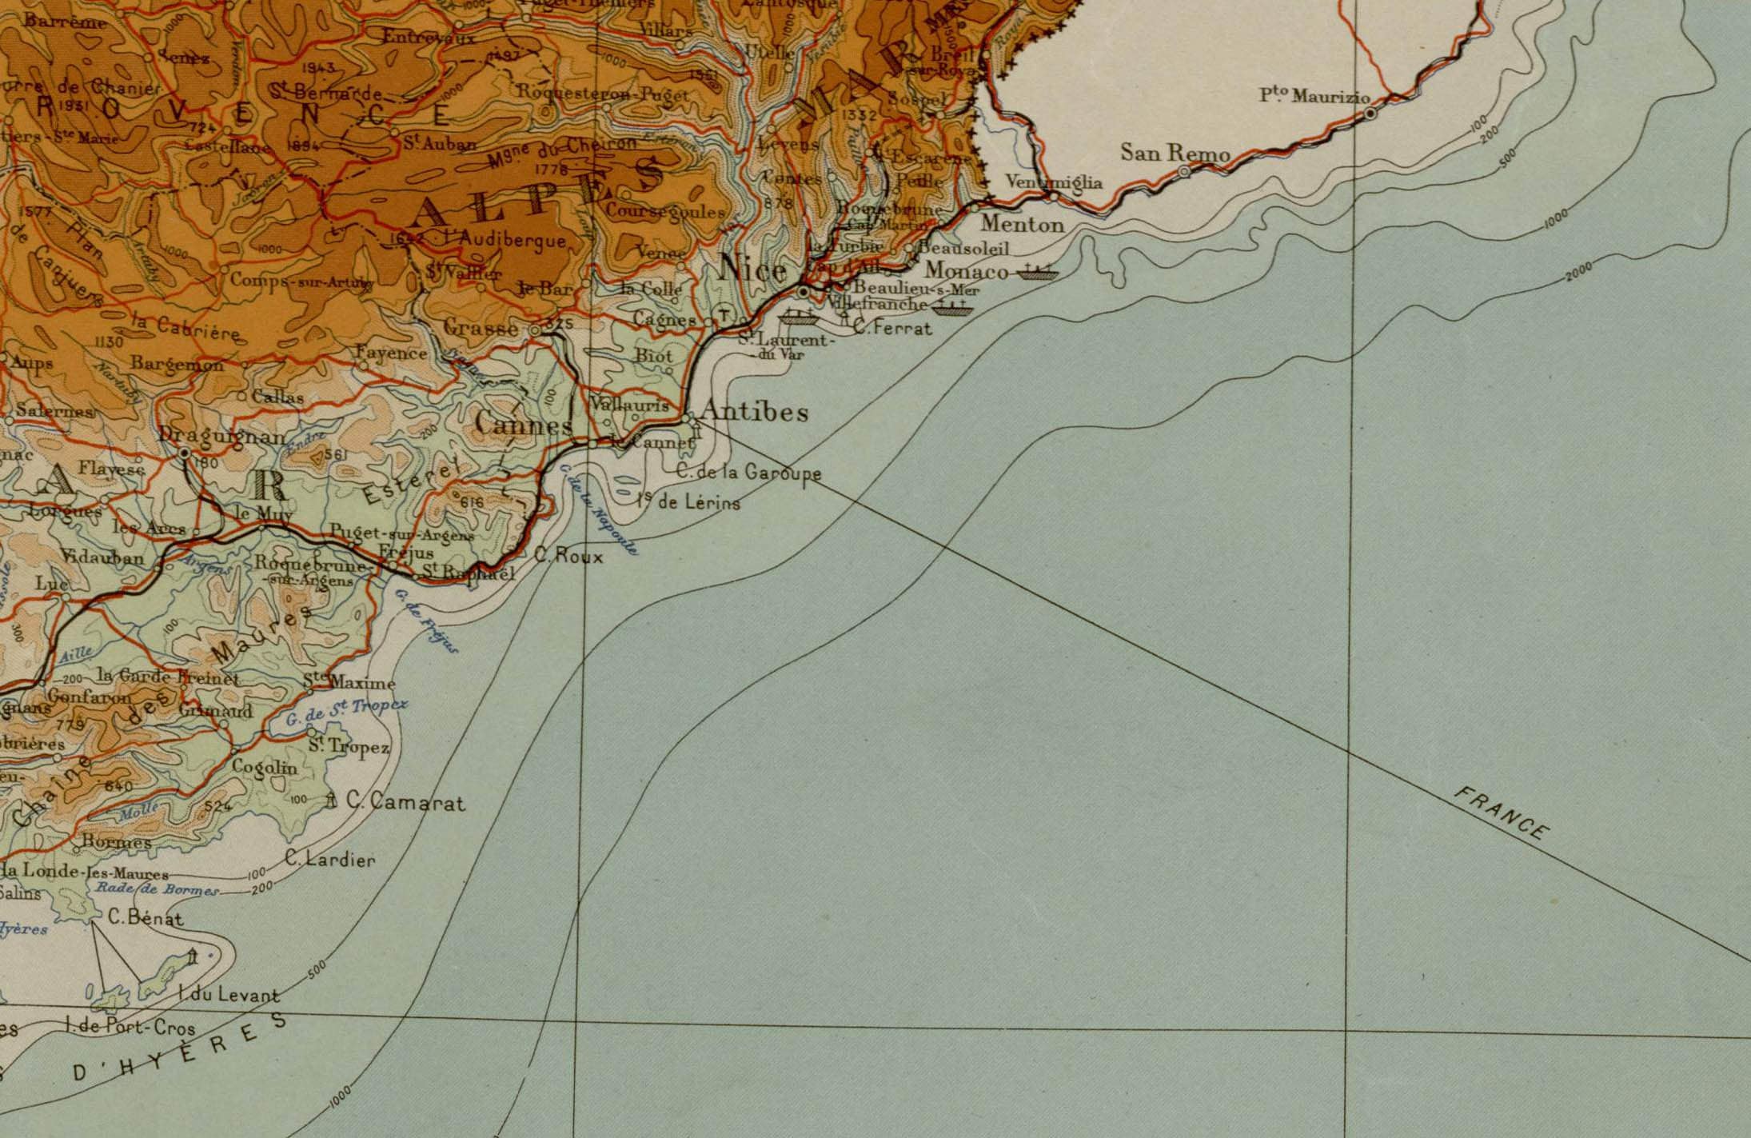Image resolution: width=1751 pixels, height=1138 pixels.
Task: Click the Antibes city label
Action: [x=754, y=413]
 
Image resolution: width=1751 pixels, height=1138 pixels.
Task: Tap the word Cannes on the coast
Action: [x=524, y=424]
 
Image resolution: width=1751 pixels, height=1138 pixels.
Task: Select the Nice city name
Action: [x=752, y=270]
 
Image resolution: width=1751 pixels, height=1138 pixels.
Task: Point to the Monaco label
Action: [x=967, y=271]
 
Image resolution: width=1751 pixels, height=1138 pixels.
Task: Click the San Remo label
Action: [x=1174, y=152]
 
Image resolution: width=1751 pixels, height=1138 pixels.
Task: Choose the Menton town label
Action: [x=1023, y=225]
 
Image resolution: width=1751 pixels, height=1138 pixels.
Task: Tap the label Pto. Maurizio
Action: [x=1314, y=97]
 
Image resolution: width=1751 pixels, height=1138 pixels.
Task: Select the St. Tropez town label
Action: [x=349, y=747]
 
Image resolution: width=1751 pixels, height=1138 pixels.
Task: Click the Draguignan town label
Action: [x=221, y=436]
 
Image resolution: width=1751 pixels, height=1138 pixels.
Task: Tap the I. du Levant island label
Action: [x=229, y=996]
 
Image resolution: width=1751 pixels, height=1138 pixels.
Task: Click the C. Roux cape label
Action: [x=568, y=557]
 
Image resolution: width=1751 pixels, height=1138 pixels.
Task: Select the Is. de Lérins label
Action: [x=688, y=503]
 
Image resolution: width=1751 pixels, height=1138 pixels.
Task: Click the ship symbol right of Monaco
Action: [x=1036, y=272]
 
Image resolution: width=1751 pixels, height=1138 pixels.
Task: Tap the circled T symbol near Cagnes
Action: [x=724, y=313]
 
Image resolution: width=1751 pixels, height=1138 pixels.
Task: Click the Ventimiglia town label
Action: [x=1053, y=182]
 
